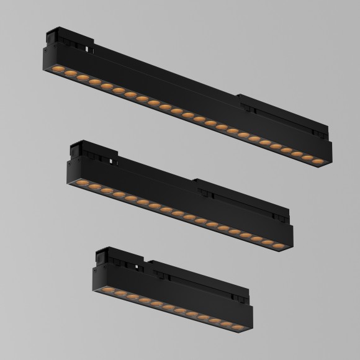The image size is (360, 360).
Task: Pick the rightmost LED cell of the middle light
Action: coord(278,248)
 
